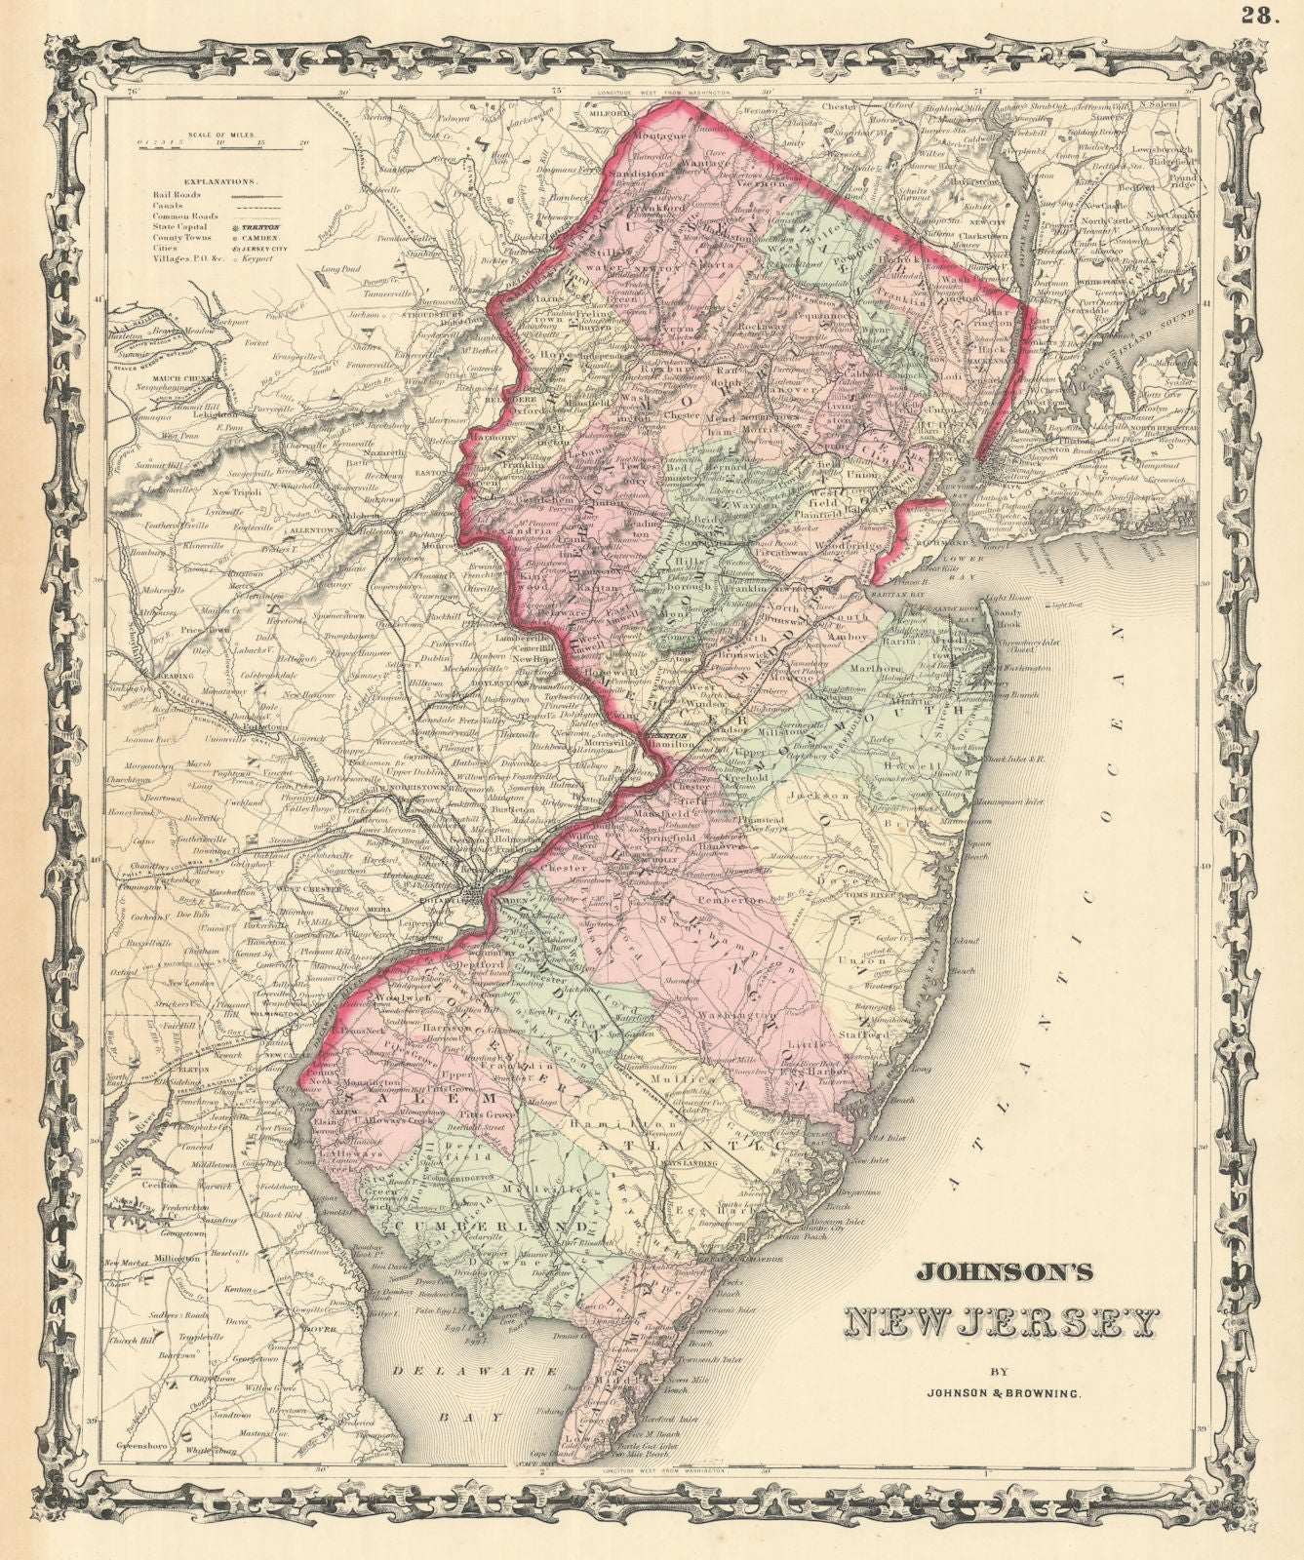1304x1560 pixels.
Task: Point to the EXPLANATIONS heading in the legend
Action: click(x=223, y=181)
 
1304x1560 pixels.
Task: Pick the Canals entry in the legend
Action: click(x=167, y=206)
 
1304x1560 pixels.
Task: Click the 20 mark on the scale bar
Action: click(x=304, y=142)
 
